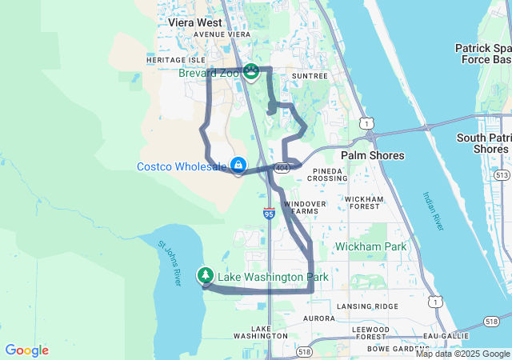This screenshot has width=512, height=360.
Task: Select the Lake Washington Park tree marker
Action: (x=206, y=276)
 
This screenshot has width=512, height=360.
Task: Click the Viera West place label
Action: (x=195, y=23)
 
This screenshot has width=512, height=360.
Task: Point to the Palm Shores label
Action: (x=373, y=154)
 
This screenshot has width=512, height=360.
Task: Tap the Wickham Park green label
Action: (x=371, y=246)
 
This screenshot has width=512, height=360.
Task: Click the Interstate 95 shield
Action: (x=269, y=214)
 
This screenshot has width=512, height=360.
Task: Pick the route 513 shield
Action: (x=502, y=174)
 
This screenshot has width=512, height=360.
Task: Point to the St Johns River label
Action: (x=170, y=264)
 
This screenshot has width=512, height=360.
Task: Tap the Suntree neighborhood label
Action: (x=310, y=76)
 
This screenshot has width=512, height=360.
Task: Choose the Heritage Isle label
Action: (x=176, y=60)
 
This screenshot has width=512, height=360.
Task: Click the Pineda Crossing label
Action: (x=330, y=174)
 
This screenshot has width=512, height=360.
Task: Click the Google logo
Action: (x=26, y=350)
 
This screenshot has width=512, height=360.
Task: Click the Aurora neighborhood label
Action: (x=319, y=318)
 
